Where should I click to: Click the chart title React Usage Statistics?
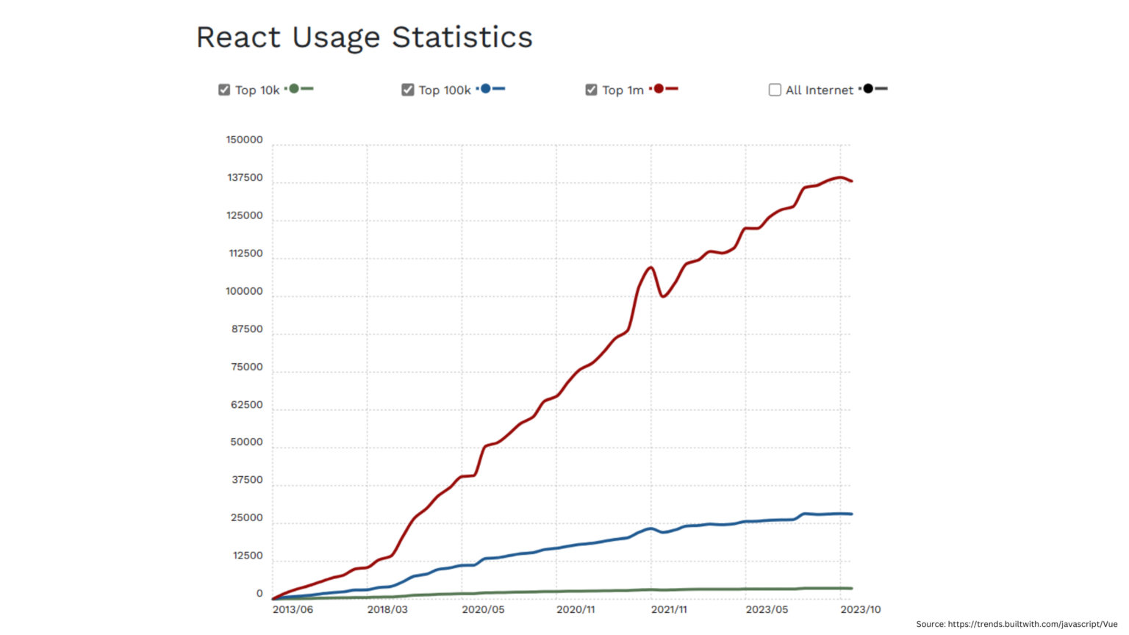pos(364,37)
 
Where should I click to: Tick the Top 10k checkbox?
pos(224,90)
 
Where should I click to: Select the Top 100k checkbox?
pos(408,90)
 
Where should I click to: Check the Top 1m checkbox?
pos(591,90)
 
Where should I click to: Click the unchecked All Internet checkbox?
pos(775,90)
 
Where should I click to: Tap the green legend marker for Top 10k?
pos(294,89)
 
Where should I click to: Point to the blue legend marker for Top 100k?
pos(485,89)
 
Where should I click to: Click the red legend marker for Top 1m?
pos(659,89)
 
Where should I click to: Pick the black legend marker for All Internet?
pos(868,89)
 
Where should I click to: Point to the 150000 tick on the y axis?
pos(244,140)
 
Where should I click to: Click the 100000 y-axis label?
pos(244,291)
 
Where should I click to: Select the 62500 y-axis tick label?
pos(246,405)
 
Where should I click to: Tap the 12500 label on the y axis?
pos(248,556)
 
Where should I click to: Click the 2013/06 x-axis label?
pos(293,609)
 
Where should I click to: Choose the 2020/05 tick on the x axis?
pos(483,609)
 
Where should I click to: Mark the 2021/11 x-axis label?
pos(669,609)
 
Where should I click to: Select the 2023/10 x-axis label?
pos(860,609)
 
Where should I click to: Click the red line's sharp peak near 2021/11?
pos(650,268)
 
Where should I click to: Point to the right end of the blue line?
pos(851,514)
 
